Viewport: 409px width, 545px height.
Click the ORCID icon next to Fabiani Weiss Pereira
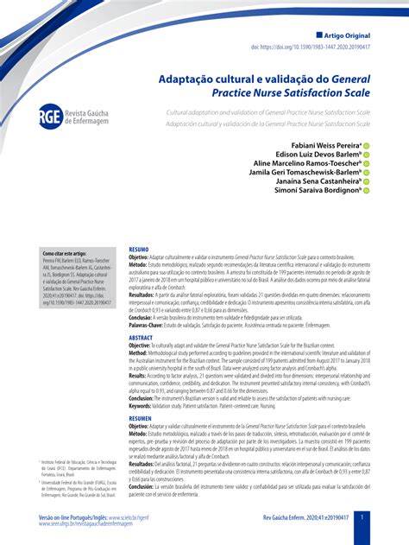pyautogui.click(x=366, y=145)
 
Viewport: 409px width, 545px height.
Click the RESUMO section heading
pyautogui.click(x=139, y=248)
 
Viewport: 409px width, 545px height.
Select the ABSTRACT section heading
pyautogui.click(x=141, y=338)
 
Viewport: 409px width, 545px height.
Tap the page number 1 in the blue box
pyautogui.click(x=362, y=517)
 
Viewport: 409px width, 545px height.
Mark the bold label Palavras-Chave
pyautogui.click(x=148, y=326)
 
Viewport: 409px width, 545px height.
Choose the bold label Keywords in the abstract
pyautogui.click(x=143, y=406)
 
